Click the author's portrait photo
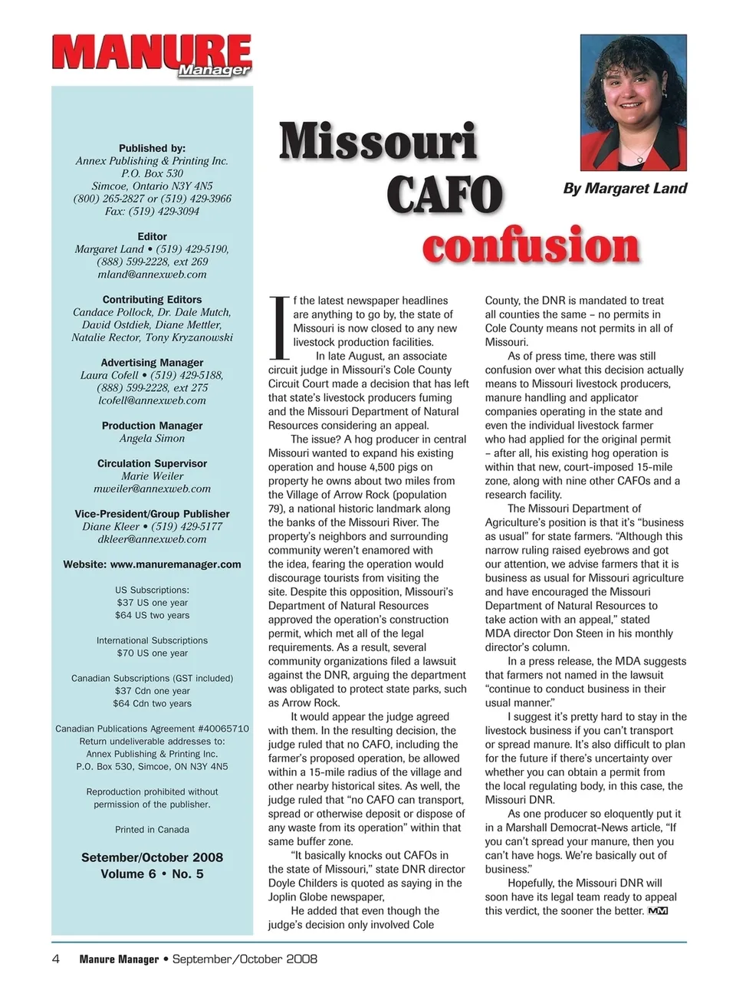(x=632, y=102)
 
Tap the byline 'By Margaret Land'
(x=625, y=189)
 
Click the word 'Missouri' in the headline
(x=378, y=143)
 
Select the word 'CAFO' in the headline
(x=444, y=195)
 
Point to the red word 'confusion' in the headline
(x=531, y=245)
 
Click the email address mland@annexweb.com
(x=152, y=275)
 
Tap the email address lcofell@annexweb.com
(x=152, y=400)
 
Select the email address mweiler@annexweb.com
(x=152, y=489)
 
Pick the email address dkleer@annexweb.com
(x=152, y=539)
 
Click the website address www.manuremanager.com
(x=176, y=564)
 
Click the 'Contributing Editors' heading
(x=152, y=300)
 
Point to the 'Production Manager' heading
(x=152, y=426)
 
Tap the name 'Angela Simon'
(x=152, y=439)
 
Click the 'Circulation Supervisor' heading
(x=152, y=463)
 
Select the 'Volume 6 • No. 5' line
(x=152, y=874)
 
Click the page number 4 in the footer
(x=56, y=959)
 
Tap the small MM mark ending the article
(x=658, y=911)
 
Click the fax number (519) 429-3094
(x=164, y=212)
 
